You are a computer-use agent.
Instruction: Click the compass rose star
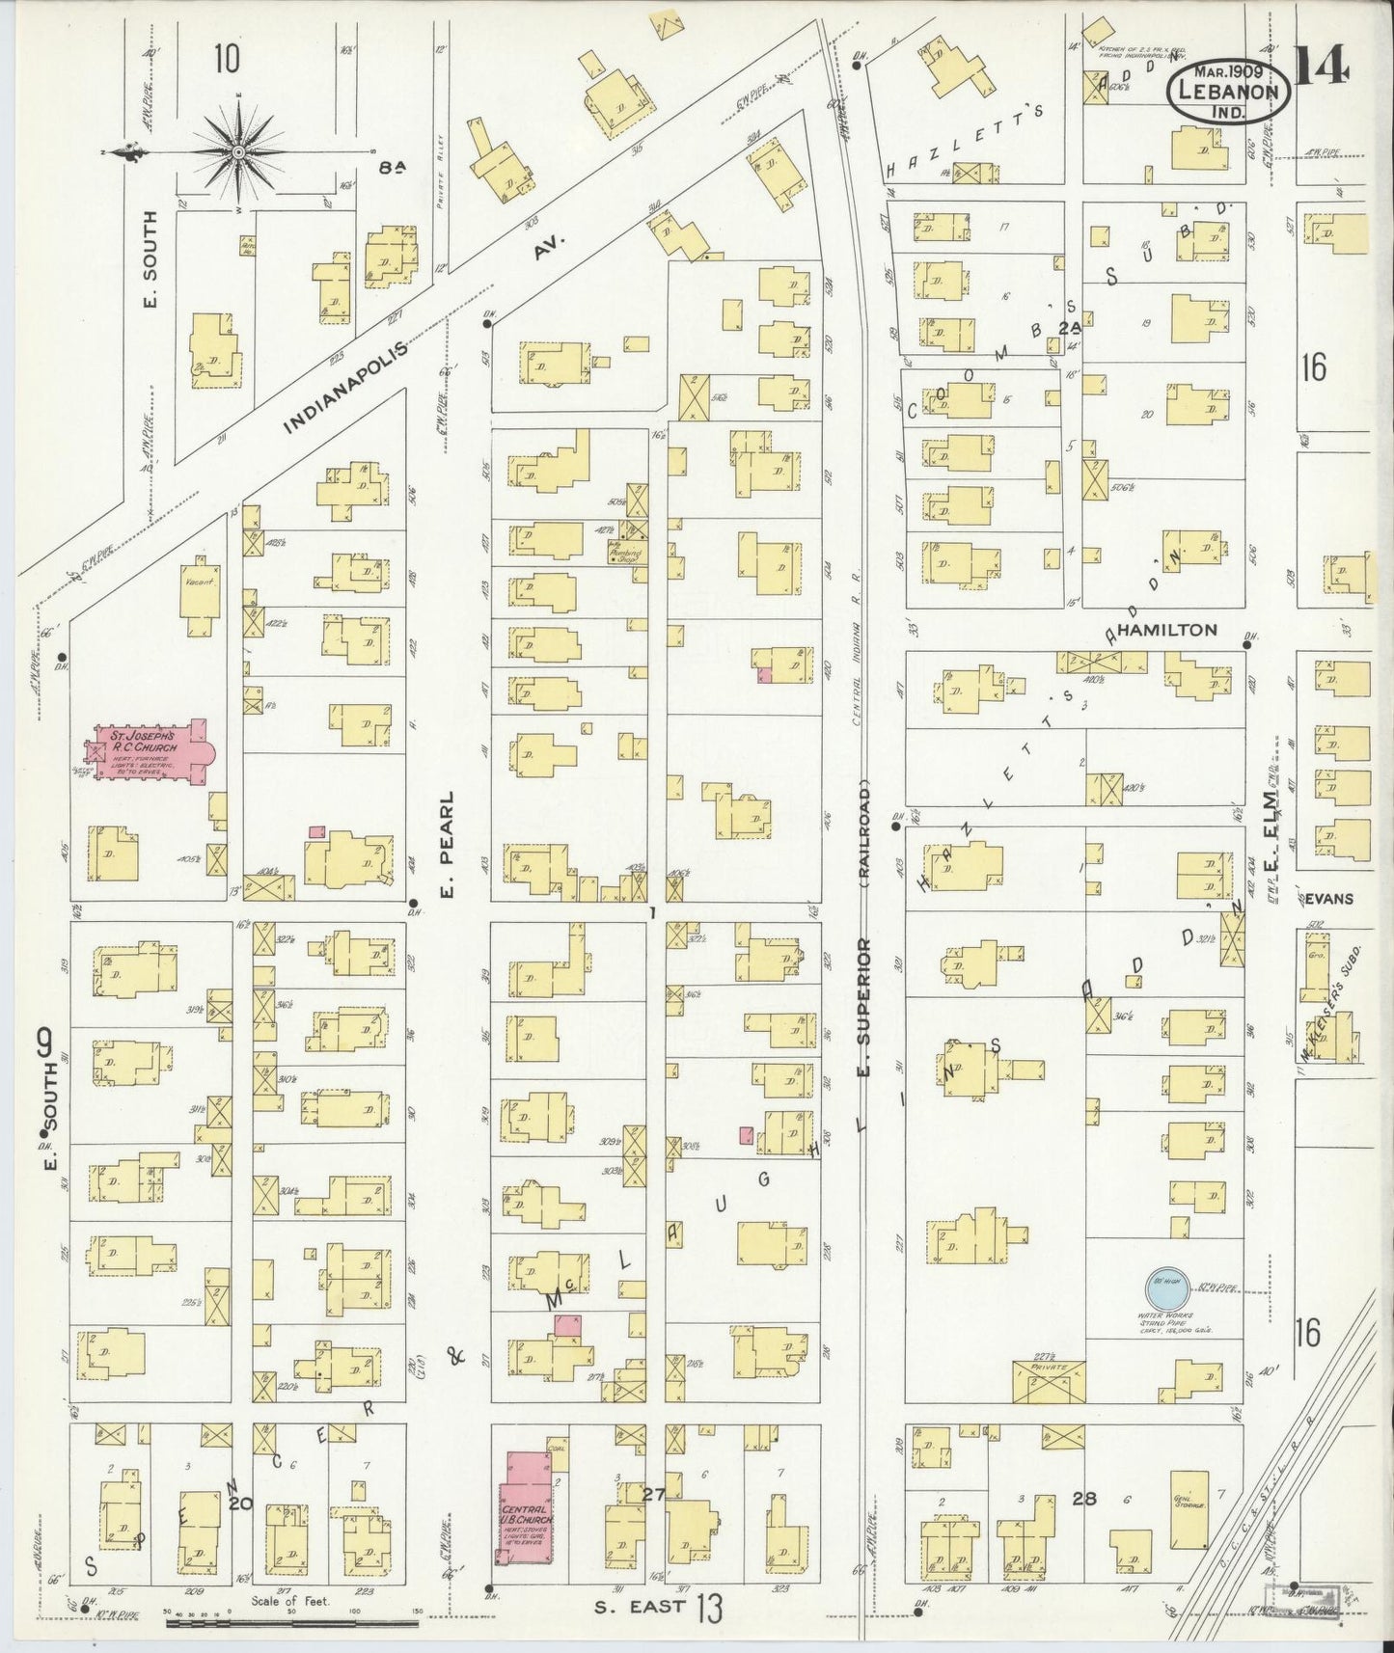(238, 152)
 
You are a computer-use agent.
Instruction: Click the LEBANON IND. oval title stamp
(1228, 94)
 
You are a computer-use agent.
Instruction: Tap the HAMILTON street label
(1168, 630)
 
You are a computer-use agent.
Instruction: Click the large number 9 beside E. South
(43, 1043)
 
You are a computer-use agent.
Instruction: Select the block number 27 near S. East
(655, 1495)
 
